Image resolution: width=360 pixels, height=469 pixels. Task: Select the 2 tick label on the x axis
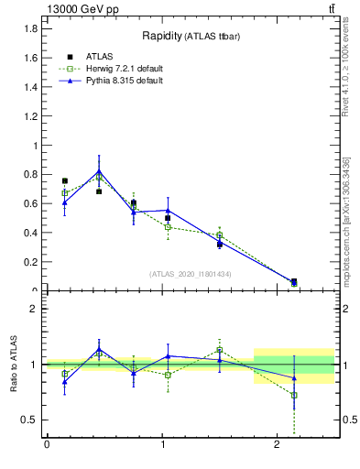point(278,446)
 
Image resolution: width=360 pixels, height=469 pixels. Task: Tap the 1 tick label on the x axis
point(162,446)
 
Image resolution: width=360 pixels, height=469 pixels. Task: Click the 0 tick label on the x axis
point(47,446)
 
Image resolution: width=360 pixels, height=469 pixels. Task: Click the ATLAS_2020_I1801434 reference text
point(191,274)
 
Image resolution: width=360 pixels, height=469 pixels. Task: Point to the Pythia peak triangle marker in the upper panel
point(99,171)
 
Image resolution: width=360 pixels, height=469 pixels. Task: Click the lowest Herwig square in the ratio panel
point(294,395)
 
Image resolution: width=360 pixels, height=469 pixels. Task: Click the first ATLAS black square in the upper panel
point(64,181)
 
